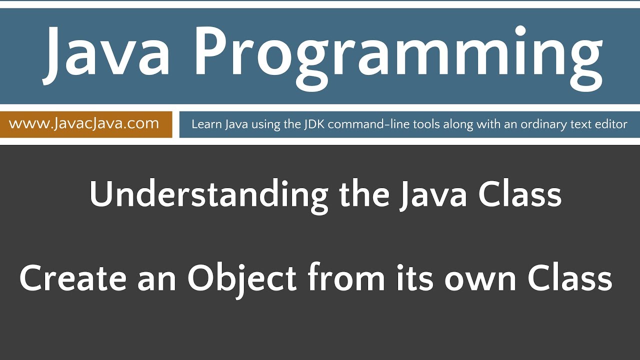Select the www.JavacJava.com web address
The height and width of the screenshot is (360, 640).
click(x=84, y=123)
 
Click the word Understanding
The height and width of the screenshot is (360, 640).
click(x=209, y=195)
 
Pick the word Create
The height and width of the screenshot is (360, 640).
click(x=73, y=278)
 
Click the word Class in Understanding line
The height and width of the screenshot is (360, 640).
click(x=519, y=195)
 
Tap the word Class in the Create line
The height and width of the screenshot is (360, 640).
click(x=569, y=278)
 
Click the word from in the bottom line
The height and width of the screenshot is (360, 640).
click(x=346, y=278)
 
